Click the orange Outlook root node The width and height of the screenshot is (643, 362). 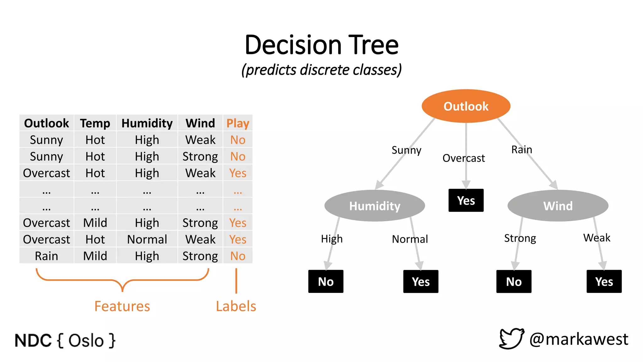[x=466, y=106]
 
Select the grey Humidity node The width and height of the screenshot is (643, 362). [x=375, y=206]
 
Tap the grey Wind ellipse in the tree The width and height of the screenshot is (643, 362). [x=558, y=206]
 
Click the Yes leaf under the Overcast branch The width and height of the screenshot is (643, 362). [x=466, y=200]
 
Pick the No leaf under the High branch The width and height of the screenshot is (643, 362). [x=326, y=282]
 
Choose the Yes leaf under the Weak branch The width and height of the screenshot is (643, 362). [x=604, y=282]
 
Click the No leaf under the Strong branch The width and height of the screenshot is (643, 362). [x=514, y=282]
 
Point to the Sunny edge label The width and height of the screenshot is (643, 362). [x=406, y=150]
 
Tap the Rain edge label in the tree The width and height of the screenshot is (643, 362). [x=521, y=150]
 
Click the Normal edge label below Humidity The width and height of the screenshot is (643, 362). [x=410, y=239]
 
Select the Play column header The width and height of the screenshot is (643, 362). [x=238, y=123]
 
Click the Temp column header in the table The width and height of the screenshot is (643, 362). [x=95, y=123]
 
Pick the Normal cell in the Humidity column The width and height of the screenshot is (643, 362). [x=147, y=239]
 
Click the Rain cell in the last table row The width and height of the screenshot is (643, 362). [x=46, y=256]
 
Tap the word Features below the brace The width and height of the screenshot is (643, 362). [x=122, y=306]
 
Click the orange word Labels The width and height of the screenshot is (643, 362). [x=236, y=306]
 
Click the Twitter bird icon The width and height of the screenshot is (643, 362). [x=511, y=338]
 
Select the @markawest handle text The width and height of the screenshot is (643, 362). [x=579, y=339]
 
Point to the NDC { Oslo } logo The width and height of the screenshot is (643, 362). [x=65, y=341]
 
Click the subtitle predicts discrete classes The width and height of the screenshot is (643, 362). [x=321, y=70]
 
